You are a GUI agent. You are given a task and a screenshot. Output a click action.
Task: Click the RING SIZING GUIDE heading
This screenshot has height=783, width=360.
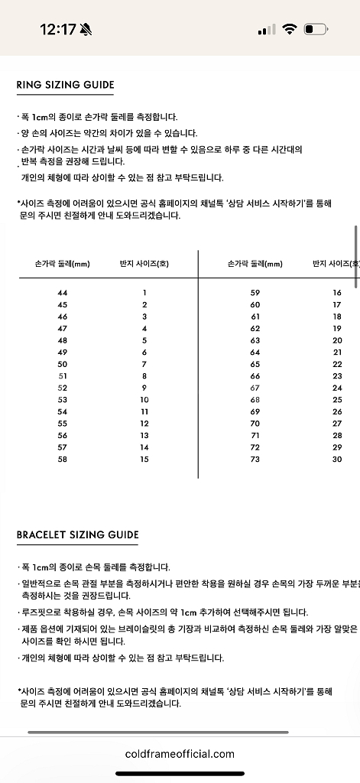click(66, 85)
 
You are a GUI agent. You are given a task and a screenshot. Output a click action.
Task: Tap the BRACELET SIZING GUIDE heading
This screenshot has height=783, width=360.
click(78, 534)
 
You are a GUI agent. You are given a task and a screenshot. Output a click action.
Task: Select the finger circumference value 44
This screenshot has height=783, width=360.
click(63, 293)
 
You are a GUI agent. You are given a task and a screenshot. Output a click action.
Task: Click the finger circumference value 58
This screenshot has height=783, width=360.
click(63, 459)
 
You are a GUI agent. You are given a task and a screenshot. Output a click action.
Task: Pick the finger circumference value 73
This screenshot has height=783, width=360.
click(255, 459)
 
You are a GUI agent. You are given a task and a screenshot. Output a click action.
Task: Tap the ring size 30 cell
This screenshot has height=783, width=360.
click(337, 459)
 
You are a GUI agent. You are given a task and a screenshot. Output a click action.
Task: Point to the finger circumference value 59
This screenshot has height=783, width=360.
click(255, 293)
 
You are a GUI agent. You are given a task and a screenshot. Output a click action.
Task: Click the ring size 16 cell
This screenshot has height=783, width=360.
click(337, 293)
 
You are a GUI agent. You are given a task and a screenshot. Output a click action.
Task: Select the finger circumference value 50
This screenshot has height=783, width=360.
click(63, 364)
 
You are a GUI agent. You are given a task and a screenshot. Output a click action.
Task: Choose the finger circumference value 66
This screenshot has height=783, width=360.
click(255, 376)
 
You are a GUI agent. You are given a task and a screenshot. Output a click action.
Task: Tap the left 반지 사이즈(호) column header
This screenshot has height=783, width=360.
click(144, 264)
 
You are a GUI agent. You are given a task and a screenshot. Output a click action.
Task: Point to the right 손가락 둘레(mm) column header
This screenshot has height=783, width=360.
click(255, 264)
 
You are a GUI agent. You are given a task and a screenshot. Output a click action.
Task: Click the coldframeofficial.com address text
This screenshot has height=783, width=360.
click(180, 754)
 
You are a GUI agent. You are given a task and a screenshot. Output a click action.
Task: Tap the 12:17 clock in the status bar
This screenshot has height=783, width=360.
click(57, 30)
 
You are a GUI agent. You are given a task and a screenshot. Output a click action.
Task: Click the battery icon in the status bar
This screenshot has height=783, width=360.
click(315, 30)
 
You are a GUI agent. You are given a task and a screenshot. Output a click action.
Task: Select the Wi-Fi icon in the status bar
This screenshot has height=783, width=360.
click(289, 30)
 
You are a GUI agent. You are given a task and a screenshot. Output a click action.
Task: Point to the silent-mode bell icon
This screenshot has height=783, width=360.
click(86, 30)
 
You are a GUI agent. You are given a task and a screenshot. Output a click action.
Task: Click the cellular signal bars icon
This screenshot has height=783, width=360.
click(267, 30)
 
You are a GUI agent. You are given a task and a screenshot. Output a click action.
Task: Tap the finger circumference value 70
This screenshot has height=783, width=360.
click(255, 424)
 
